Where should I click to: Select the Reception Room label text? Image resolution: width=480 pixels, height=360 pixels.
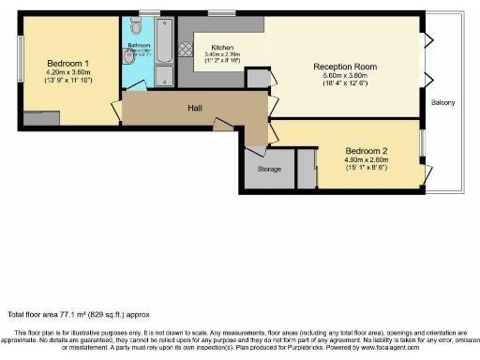coord(345,67)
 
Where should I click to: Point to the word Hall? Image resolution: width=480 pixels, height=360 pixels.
coord(195,109)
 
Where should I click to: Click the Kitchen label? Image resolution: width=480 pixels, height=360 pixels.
coord(222,47)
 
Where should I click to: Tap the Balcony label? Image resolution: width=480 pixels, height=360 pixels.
coord(443,103)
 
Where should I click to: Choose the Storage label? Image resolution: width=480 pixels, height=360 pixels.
coord(269,169)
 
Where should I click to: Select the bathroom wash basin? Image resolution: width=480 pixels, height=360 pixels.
coord(163,77)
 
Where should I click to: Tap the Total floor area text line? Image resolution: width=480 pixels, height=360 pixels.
coord(79,314)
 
